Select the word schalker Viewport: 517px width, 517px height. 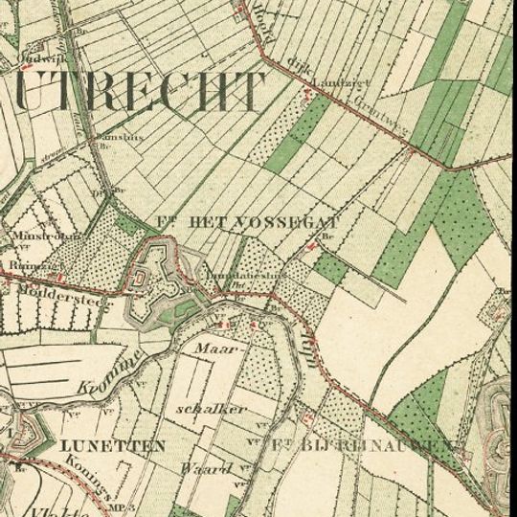pos(212,409)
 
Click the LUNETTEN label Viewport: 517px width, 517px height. pos(112,445)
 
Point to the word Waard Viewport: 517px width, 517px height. pos(206,468)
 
